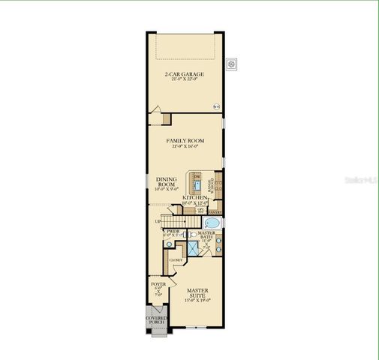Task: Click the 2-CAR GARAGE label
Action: tap(185, 73)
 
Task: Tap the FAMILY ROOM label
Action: tap(185, 140)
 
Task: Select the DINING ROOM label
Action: tap(166, 181)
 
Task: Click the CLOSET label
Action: tap(176, 260)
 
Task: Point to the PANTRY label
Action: tap(213, 212)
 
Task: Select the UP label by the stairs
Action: tap(158, 221)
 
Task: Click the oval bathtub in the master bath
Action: tap(211, 223)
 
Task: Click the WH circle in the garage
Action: tap(218, 106)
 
